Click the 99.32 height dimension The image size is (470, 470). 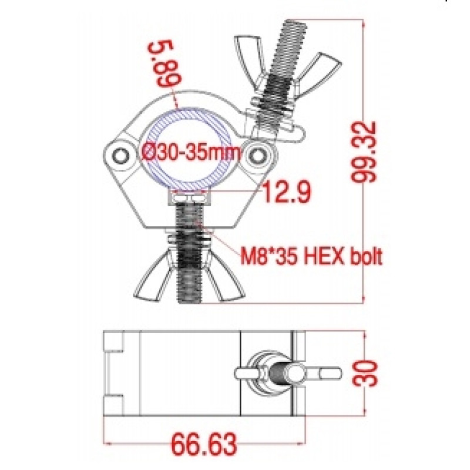(364, 152)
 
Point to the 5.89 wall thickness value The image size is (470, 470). (165, 64)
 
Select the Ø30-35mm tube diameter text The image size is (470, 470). (190, 152)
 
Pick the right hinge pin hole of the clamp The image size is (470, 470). (256, 155)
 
